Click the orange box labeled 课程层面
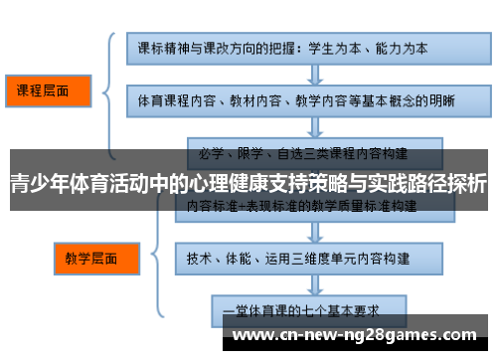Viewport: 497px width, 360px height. point(45,90)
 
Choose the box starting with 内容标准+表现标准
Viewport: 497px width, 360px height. point(309,207)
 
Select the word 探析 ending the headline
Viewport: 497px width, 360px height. point(466,184)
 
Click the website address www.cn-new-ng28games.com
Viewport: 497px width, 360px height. point(359,335)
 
